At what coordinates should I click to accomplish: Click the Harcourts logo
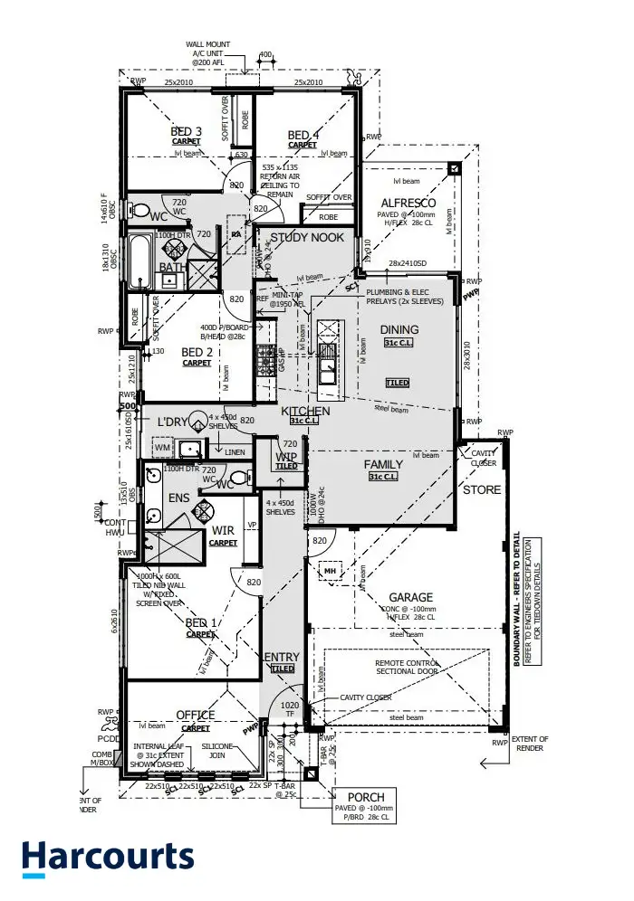[x=108, y=858]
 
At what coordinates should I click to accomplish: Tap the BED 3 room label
[x=187, y=132]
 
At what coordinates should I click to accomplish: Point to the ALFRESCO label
[x=408, y=203]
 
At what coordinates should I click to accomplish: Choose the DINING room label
[x=399, y=329]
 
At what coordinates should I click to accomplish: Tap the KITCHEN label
[x=305, y=411]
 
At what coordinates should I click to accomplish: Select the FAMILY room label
[x=383, y=465]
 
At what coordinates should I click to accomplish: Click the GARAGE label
[x=411, y=597]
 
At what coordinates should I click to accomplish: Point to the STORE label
[x=482, y=489]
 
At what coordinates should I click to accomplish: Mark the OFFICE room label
[x=196, y=716]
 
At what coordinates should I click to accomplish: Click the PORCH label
[x=366, y=796]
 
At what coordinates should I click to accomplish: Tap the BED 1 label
[x=201, y=623]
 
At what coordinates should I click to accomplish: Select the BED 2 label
[x=197, y=352]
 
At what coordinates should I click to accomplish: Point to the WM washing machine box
[x=163, y=447]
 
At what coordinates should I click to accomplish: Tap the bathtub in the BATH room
[x=140, y=262]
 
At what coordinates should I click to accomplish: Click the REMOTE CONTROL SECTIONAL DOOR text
[x=407, y=669]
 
